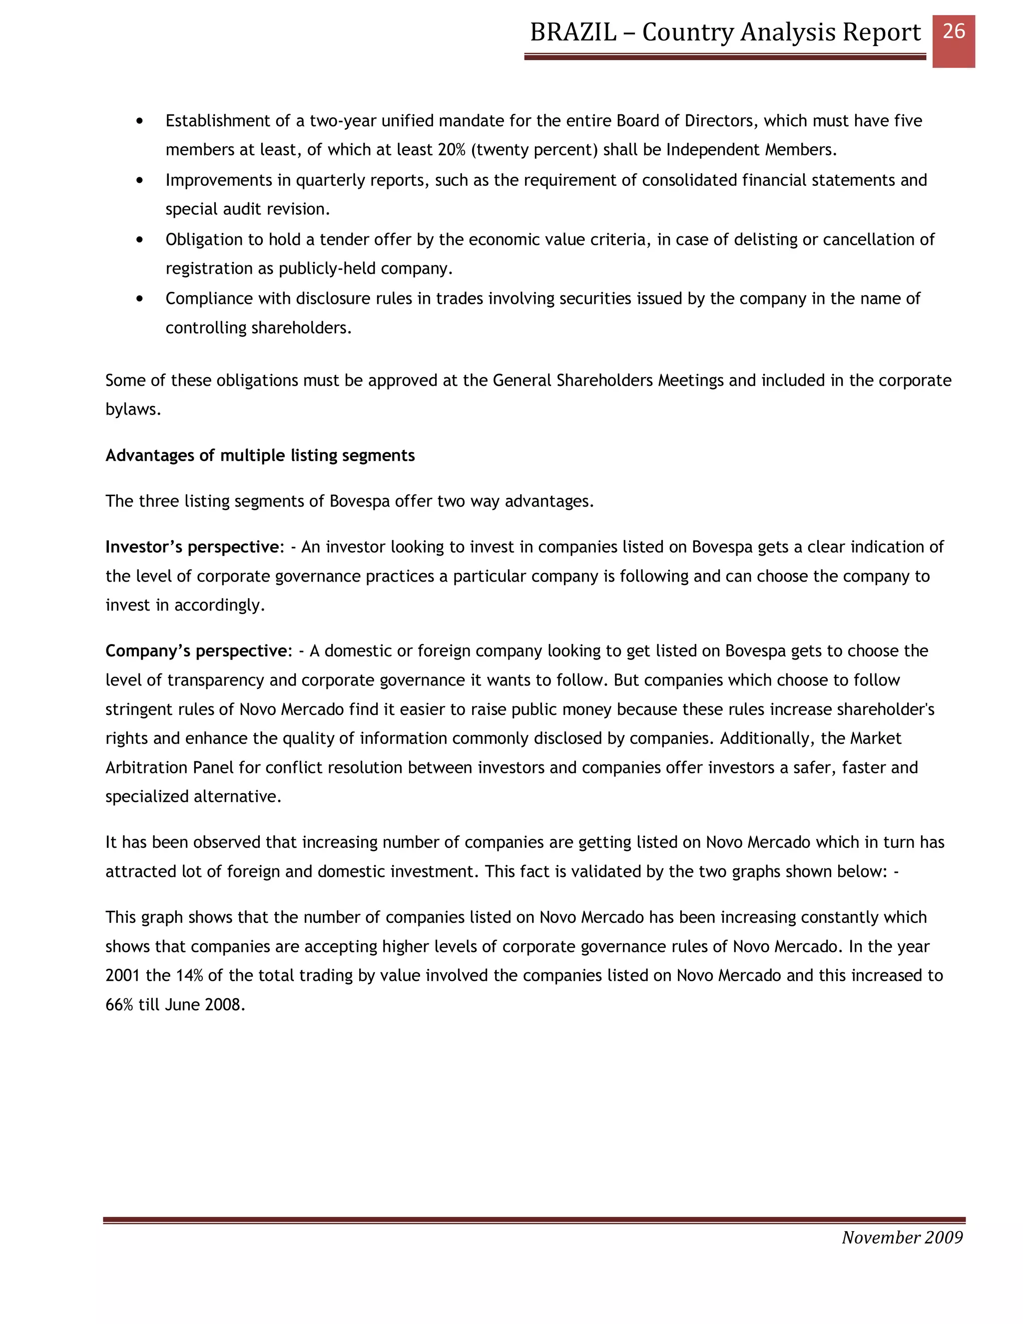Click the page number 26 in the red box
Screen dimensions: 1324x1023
point(953,31)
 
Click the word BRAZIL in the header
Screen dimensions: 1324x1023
point(573,32)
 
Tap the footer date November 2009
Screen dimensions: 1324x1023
point(902,1237)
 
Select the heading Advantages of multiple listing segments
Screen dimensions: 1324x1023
point(260,455)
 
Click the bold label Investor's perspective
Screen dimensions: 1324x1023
point(191,547)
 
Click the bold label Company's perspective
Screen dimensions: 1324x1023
point(196,651)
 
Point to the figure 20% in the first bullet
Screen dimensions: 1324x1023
point(451,150)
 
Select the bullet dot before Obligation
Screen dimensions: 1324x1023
point(140,240)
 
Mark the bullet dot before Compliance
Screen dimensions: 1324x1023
point(140,299)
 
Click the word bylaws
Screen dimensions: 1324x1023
point(133,410)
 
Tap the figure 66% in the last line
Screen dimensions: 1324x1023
point(119,1005)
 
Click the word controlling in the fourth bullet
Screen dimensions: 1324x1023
point(205,328)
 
